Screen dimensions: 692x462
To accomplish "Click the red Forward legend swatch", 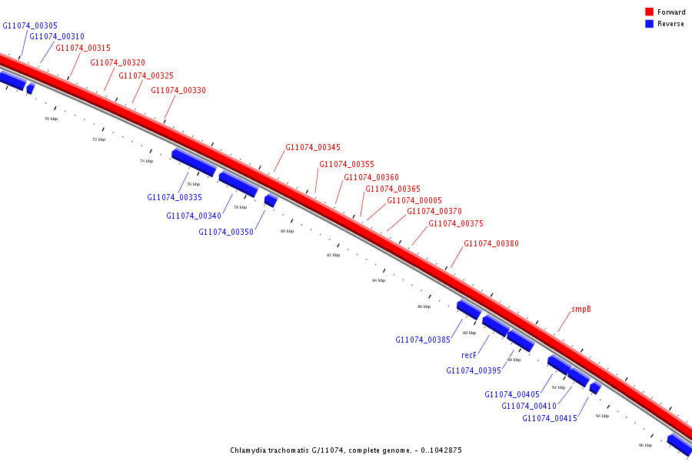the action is [649, 12].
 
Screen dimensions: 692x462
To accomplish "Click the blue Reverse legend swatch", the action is [649, 24].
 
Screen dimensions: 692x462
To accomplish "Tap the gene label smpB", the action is [581, 309].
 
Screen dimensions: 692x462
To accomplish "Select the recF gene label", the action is [469, 355].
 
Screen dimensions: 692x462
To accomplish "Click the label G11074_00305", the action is [30, 25].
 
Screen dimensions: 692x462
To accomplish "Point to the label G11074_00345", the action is [313, 147].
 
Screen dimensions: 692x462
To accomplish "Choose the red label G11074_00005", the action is [414, 200].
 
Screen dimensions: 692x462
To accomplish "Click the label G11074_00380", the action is [491, 243].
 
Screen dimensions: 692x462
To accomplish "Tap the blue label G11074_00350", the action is [226, 232].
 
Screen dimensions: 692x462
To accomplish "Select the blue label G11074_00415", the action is [550, 418].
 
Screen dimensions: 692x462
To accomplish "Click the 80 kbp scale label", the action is [287, 231].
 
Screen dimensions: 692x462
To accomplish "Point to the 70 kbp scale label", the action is [51, 119].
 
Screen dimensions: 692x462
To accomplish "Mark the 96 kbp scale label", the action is [645, 445].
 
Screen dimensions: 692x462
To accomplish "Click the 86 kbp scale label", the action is [424, 306].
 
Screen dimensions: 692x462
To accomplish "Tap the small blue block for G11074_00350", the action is [271, 200].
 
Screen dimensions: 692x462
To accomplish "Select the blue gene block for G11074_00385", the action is [468, 310].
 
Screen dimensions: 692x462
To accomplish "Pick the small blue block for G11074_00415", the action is [595, 388].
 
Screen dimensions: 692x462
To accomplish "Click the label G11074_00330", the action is [178, 90].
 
